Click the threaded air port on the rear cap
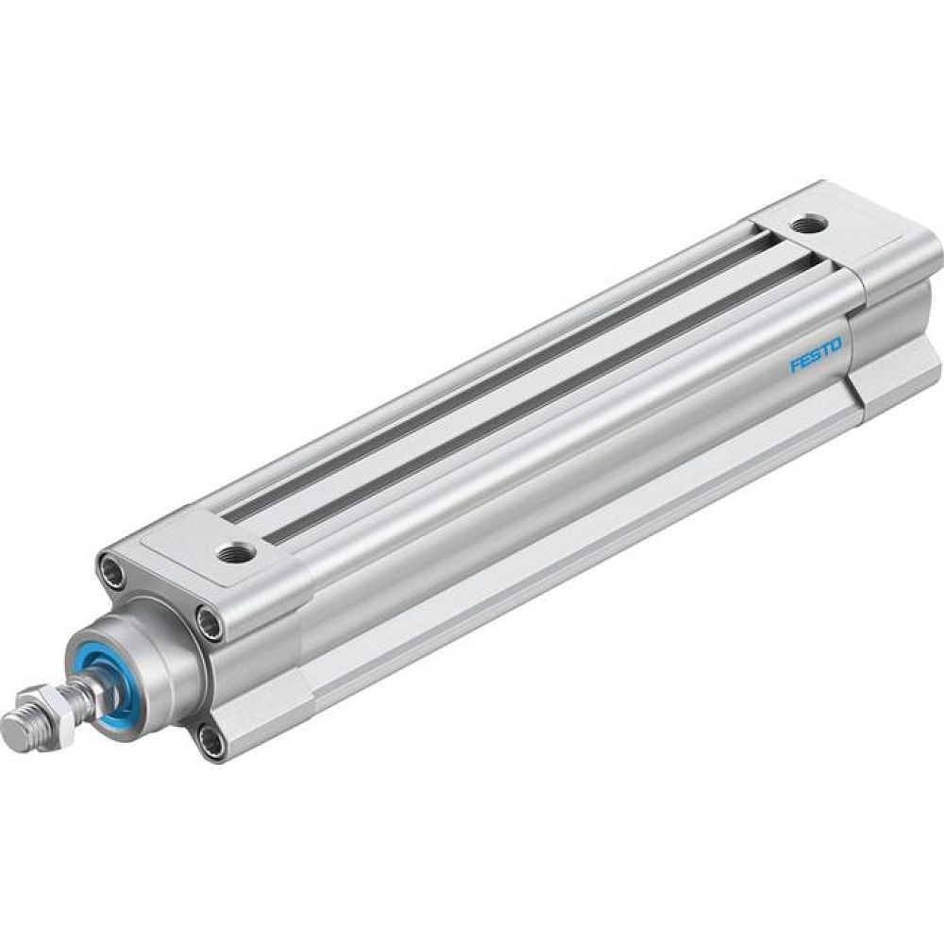click(808, 224)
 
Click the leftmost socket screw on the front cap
click(111, 572)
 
